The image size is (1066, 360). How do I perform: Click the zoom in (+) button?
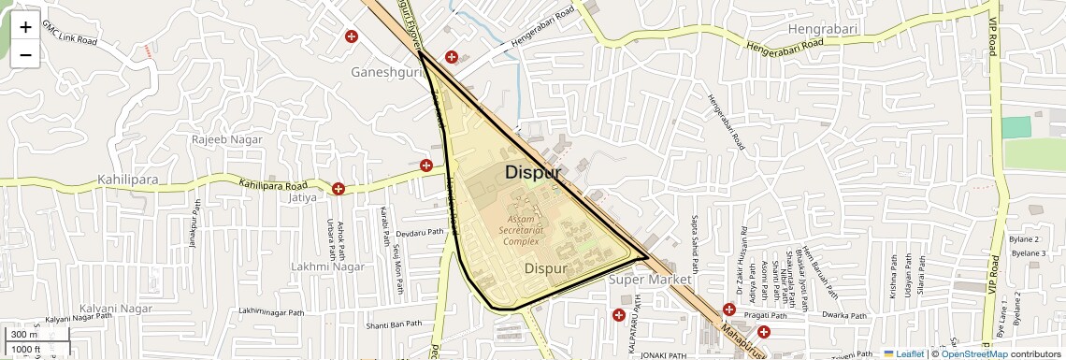(25, 27)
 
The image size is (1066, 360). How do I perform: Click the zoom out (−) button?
(25, 54)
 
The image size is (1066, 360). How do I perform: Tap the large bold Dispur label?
(533, 173)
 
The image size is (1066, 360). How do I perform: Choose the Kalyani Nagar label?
(116, 309)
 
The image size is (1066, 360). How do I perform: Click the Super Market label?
(650, 280)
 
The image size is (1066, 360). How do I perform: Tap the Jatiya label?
(304, 197)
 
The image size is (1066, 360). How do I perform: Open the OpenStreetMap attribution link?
(973, 353)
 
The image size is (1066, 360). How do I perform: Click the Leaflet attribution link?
(903, 353)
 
